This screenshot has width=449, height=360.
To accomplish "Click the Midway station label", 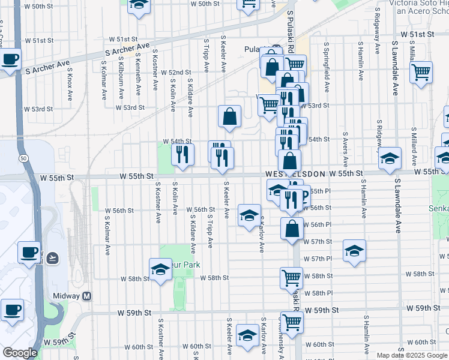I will pyautogui.click(x=76, y=296).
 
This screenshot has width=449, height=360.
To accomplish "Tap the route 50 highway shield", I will pyautogui.click(x=22, y=158).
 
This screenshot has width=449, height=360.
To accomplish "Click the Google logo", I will pyautogui.click(x=20, y=353).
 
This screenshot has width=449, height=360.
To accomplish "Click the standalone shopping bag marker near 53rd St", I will pyautogui.click(x=229, y=117).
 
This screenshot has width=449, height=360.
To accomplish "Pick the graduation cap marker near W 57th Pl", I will pyautogui.click(x=355, y=251).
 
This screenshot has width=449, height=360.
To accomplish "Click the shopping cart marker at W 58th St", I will pyautogui.click(x=291, y=278).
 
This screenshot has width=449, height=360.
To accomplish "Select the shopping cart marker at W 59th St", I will pyautogui.click(x=292, y=322).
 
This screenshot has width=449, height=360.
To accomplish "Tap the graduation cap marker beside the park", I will pyautogui.click(x=160, y=270).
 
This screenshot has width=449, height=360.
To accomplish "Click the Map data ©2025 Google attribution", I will pyautogui.click(x=411, y=355).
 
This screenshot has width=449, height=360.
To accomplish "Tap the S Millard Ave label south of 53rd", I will pyautogui.click(x=414, y=142).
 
